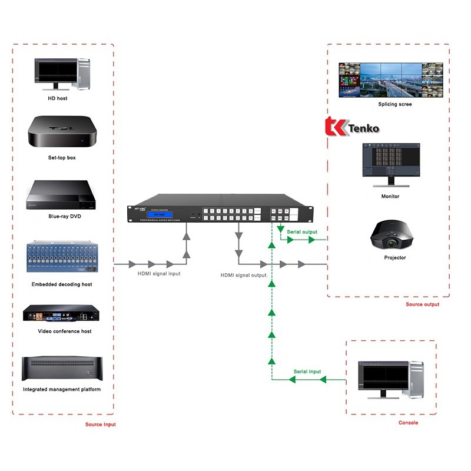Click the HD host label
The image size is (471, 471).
(x=58, y=98)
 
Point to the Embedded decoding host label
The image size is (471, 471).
(x=62, y=284)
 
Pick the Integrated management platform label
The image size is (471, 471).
(x=62, y=389)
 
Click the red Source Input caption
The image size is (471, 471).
(x=101, y=424)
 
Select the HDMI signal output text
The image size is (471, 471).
(x=244, y=275)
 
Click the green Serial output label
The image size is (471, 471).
(x=301, y=232)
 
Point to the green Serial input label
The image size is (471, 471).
(x=307, y=372)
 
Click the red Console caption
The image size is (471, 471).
(x=408, y=423)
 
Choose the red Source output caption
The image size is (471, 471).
(x=422, y=304)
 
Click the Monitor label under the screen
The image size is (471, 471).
(x=390, y=196)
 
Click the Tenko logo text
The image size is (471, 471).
(x=363, y=128)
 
